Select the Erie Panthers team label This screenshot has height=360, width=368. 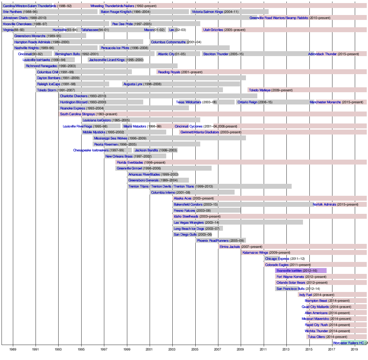click(x=13, y=12)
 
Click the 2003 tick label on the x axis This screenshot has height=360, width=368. click(x=172, y=349)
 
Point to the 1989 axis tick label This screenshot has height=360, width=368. click(x=13, y=349)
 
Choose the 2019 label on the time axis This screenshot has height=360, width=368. click(x=354, y=349)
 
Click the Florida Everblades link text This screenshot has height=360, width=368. click(x=130, y=162)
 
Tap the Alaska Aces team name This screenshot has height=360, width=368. click(x=182, y=199)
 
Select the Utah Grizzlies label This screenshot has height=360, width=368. click(x=213, y=30)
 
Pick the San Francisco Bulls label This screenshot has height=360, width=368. click(x=290, y=289)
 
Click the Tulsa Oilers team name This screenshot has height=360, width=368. click(x=316, y=337)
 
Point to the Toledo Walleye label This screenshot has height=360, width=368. click(x=260, y=90)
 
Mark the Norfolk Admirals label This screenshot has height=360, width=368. click(x=324, y=205)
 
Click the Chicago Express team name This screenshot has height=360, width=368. click(x=277, y=259)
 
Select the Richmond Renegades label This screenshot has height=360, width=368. click(x=41, y=66)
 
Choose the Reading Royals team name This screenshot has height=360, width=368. click(x=169, y=72)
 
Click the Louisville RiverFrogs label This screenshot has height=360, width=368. click(x=77, y=127)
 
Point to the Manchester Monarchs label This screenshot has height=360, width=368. click(x=325, y=102)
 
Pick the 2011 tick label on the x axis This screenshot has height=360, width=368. click(x=263, y=349)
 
